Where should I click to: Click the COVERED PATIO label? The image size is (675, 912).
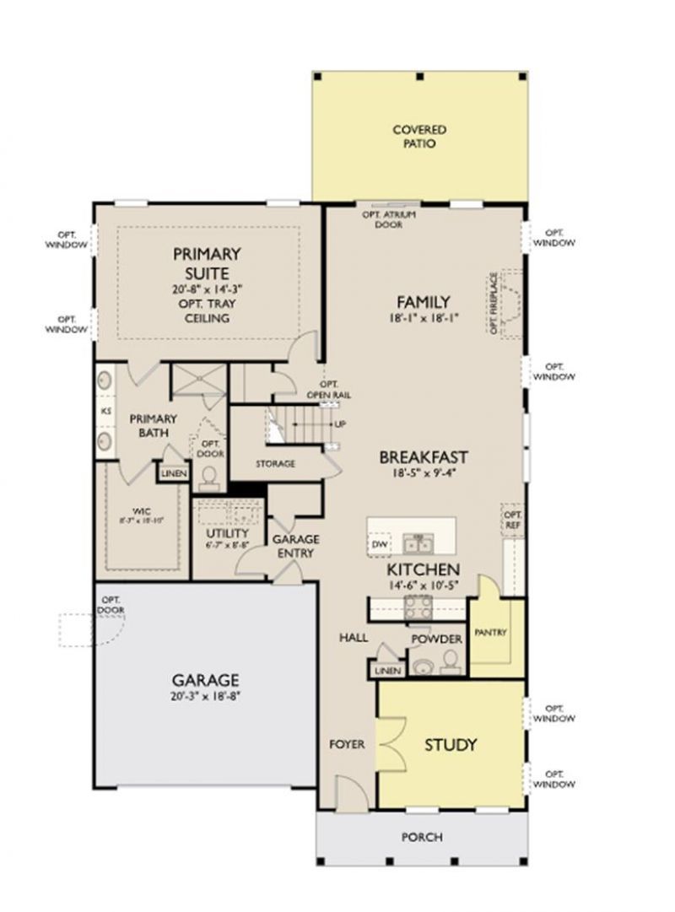(x=419, y=137)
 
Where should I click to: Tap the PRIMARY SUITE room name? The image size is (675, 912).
(x=207, y=262)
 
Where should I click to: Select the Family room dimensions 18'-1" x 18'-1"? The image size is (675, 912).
(x=423, y=321)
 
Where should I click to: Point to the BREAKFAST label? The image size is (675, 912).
(x=424, y=457)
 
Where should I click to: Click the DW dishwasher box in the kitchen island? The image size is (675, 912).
(x=379, y=545)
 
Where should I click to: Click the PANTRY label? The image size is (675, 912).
(x=489, y=632)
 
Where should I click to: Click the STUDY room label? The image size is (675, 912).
(x=451, y=745)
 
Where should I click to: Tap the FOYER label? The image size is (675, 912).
(x=347, y=744)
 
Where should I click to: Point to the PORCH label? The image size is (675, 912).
(x=423, y=837)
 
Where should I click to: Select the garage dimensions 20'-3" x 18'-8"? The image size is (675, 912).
(x=205, y=696)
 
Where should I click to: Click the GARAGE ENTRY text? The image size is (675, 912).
(x=294, y=546)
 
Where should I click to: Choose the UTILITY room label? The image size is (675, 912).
(x=227, y=534)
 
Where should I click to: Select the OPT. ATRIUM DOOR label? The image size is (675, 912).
(x=382, y=219)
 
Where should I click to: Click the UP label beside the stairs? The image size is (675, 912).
(x=339, y=424)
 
